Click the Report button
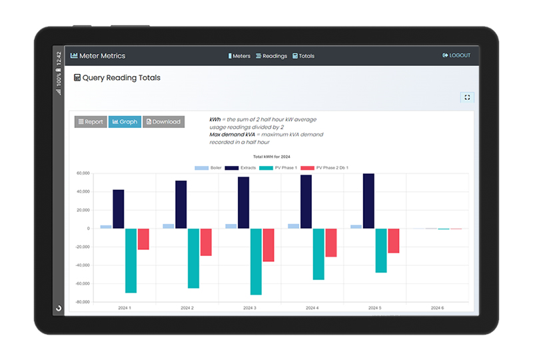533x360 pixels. coord(91,122)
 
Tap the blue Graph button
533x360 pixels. coord(125,122)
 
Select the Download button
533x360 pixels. coord(163,122)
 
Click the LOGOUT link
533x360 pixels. coord(456,55)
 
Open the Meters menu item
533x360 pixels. coord(239,56)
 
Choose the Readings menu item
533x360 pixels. coord(272,56)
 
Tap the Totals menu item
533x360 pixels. coord(304,56)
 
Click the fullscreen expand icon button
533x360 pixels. coord(467,97)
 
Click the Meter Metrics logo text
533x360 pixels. coord(98,56)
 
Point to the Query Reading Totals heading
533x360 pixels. coord(117,78)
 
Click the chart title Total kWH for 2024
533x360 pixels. coord(272,157)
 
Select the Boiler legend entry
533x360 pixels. coord(208,168)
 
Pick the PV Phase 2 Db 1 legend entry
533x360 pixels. coord(324,168)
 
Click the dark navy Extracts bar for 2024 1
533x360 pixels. coord(119,209)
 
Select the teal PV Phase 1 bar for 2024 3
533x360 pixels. coord(256,261)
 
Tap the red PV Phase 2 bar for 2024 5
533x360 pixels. coord(394,241)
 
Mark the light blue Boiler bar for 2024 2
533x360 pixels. coord(169,226)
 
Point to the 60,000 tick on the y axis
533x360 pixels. coord(83,173)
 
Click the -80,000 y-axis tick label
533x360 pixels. coord(83,302)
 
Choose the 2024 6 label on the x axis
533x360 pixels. coord(438,308)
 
